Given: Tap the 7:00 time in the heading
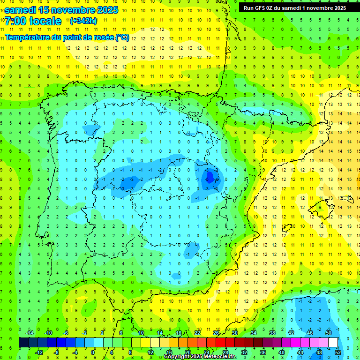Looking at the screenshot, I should coord(15,21).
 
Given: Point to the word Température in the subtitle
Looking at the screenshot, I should coord(26,37).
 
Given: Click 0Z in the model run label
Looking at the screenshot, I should coord(274,8).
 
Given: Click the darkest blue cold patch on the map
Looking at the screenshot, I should coord(210,176).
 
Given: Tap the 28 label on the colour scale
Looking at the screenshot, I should coord(225,352).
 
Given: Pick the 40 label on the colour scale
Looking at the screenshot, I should coord(281,352).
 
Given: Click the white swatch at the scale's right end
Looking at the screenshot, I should coord(333,343).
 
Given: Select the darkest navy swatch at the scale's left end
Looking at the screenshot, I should coord(23,343).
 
